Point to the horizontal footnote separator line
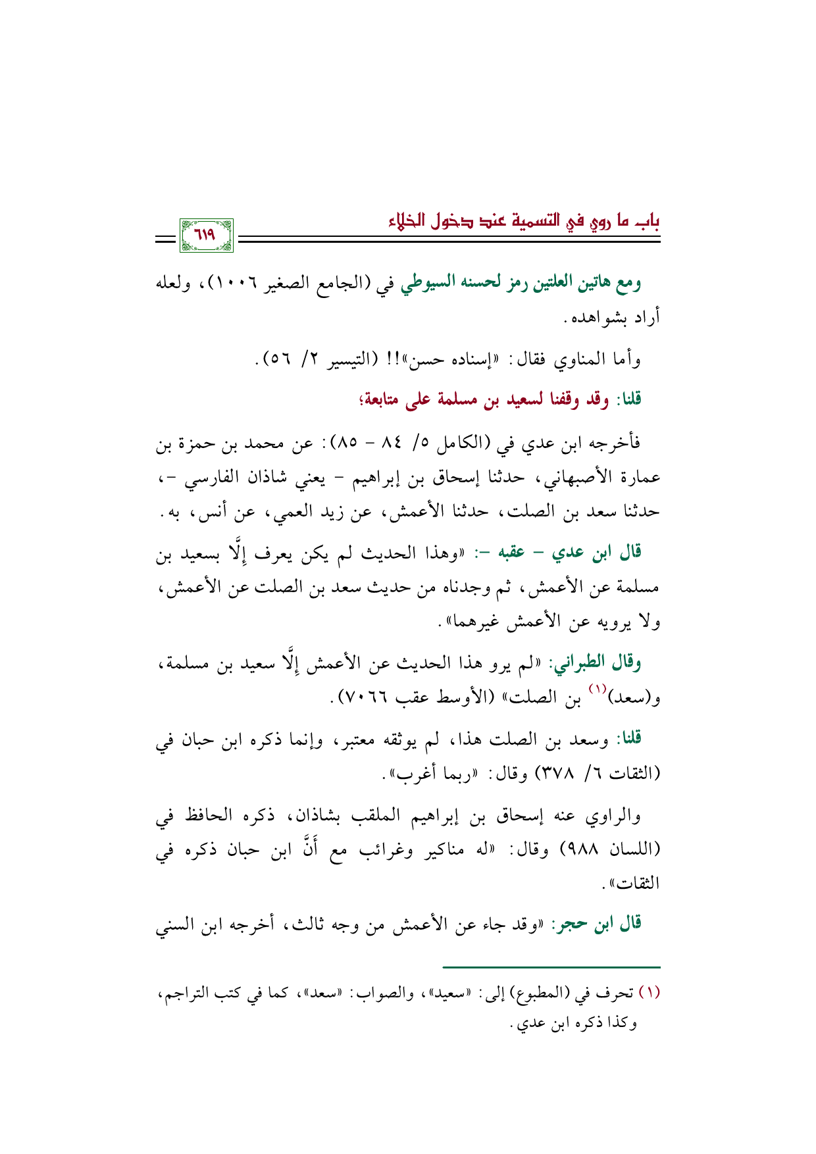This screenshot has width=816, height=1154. pos(551,967)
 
